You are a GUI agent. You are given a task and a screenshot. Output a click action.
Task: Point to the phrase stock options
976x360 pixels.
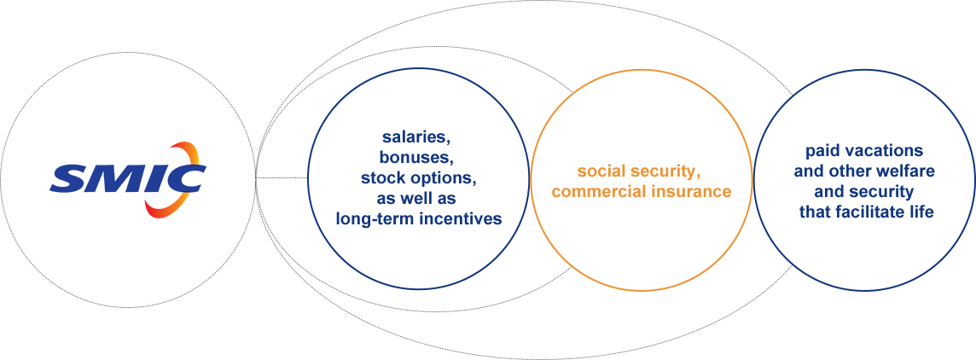(x=418, y=178)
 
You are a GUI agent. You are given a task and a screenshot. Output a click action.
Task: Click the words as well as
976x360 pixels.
(x=416, y=200)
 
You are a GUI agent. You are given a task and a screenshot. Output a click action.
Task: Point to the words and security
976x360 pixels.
(x=864, y=192)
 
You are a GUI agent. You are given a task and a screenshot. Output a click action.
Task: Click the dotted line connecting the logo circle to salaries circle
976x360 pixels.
(x=282, y=178)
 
